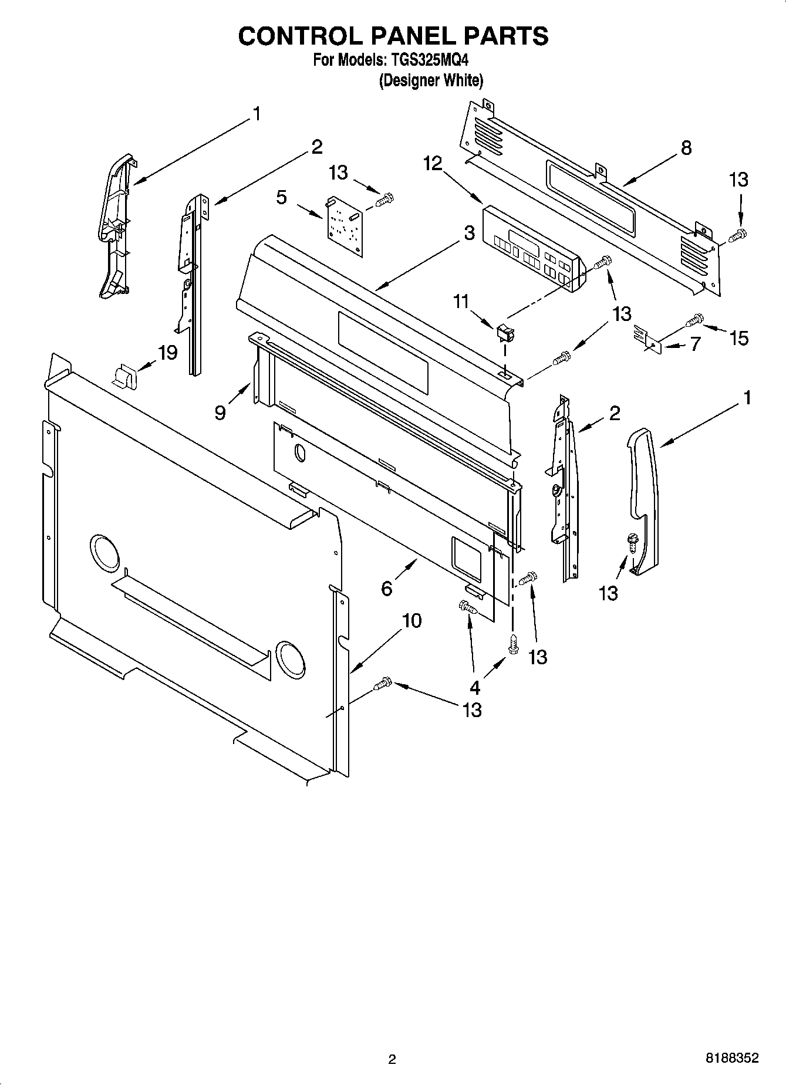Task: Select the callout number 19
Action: tap(167, 353)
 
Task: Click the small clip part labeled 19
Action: tap(124, 375)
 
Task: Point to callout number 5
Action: tap(282, 197)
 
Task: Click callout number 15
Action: tap(738, 337)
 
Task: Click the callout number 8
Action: tap(686, 148)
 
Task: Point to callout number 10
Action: tap(411, 620)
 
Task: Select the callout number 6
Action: tap(387, 588)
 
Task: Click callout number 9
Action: tap(220, 413)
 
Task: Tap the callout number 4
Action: tap(474, 687)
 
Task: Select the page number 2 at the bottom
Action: tap(392, 1059)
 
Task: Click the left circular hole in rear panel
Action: tap(104, 553)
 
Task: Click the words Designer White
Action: tap(431, 80)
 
